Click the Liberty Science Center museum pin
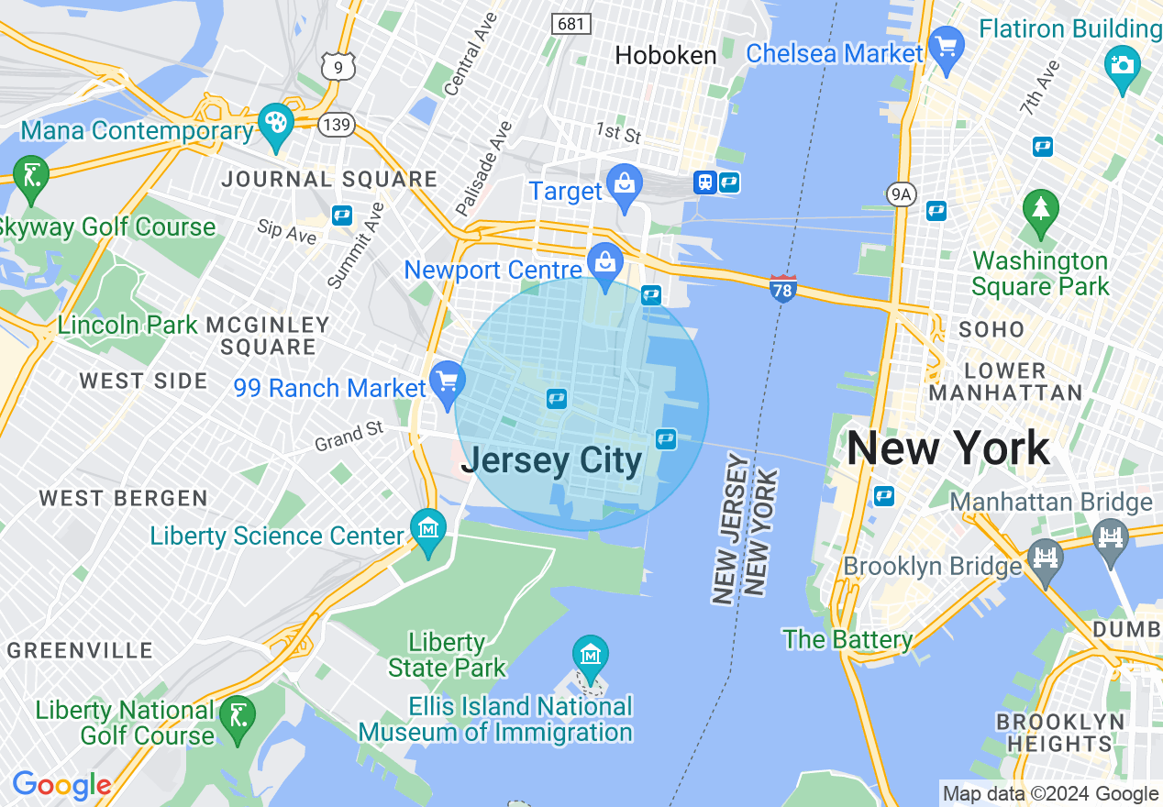(428, 529)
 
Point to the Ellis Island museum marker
(591, 655)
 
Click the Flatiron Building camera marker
(1122, 66)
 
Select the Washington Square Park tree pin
(1040, 209)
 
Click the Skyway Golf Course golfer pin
(32, 176)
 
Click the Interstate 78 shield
(782, 287)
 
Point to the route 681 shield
(570, 24)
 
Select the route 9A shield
(902, 193)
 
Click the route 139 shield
(338, 125)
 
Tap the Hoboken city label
(666, 55)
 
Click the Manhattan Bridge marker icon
(1111, 534)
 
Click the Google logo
(61, 786)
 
